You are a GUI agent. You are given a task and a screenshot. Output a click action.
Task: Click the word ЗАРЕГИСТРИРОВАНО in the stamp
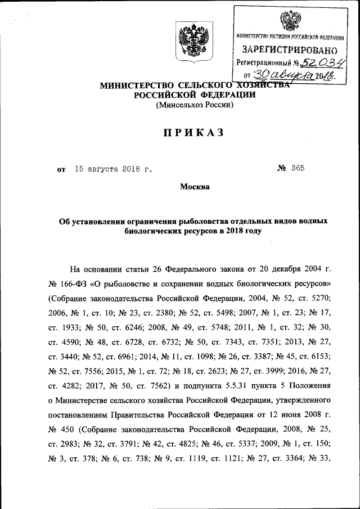(289, 50)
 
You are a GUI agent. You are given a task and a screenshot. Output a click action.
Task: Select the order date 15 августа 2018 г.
(113, 168)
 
